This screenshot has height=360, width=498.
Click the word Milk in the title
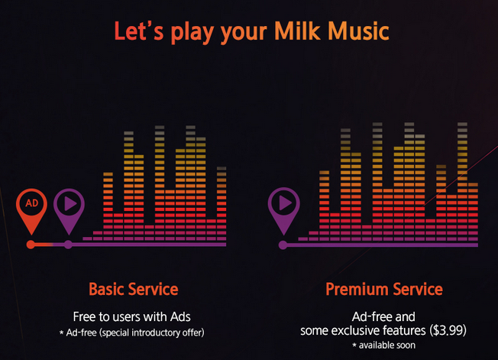coord(297,31)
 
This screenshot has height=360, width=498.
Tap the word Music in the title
coord(358,31)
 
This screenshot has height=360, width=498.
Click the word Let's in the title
coord(139,31)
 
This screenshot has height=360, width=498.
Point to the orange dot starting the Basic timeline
coord(31,245)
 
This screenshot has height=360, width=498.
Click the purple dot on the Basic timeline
coord(68,245)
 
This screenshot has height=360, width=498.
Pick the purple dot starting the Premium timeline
coord(283,245)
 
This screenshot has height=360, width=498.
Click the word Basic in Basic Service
coord(106,289)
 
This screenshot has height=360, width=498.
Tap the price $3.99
coord(448,330)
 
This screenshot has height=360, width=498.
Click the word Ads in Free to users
coord(180,316)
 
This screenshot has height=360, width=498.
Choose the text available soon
coord(387,345)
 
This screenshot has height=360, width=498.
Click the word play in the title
coord(192,34)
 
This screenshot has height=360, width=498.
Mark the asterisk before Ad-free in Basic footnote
coord(61,332)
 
